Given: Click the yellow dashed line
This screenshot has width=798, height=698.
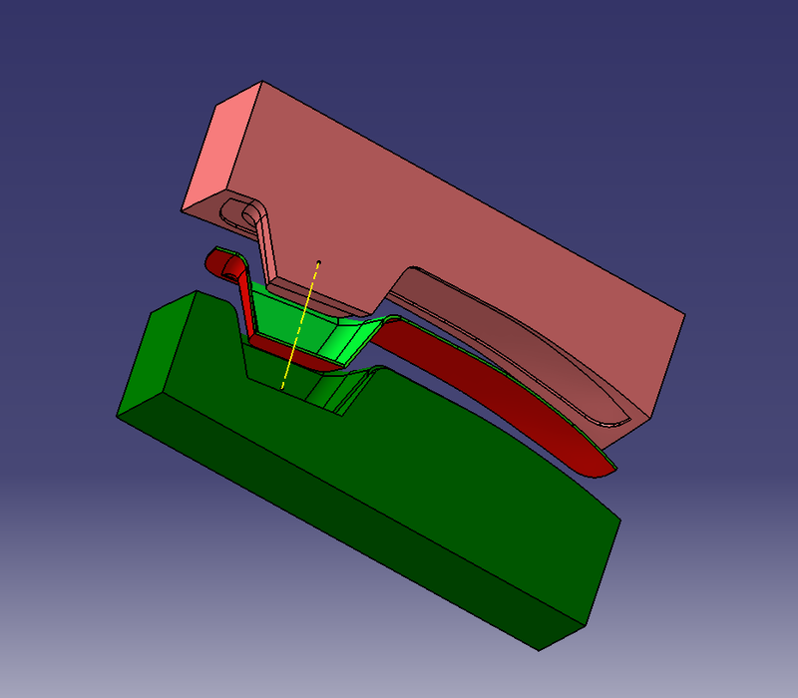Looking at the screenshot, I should click(300, 325).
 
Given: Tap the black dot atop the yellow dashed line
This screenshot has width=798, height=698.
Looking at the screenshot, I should click(318, 263).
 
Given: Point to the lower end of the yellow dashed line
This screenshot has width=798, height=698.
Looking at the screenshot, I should click(283, 387).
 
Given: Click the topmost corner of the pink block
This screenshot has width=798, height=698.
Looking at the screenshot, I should click(261, 83).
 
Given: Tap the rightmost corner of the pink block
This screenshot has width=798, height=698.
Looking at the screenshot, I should click(684, 315).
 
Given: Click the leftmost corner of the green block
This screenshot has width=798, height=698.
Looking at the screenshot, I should click(118, 413).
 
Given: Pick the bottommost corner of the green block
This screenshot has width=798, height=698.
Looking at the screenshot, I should click(540, 650).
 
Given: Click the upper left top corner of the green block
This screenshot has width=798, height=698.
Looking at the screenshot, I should click(198, 293).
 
